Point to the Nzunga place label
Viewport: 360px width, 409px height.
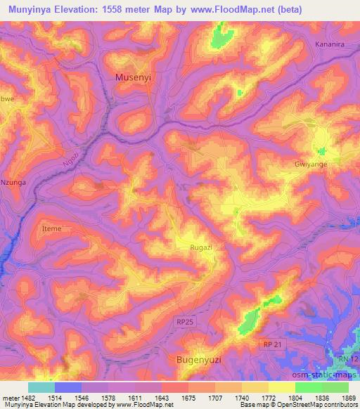click(13, 182)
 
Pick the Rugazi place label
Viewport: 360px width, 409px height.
click(202, 247)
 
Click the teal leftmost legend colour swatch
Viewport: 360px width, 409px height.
click(41, 387)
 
